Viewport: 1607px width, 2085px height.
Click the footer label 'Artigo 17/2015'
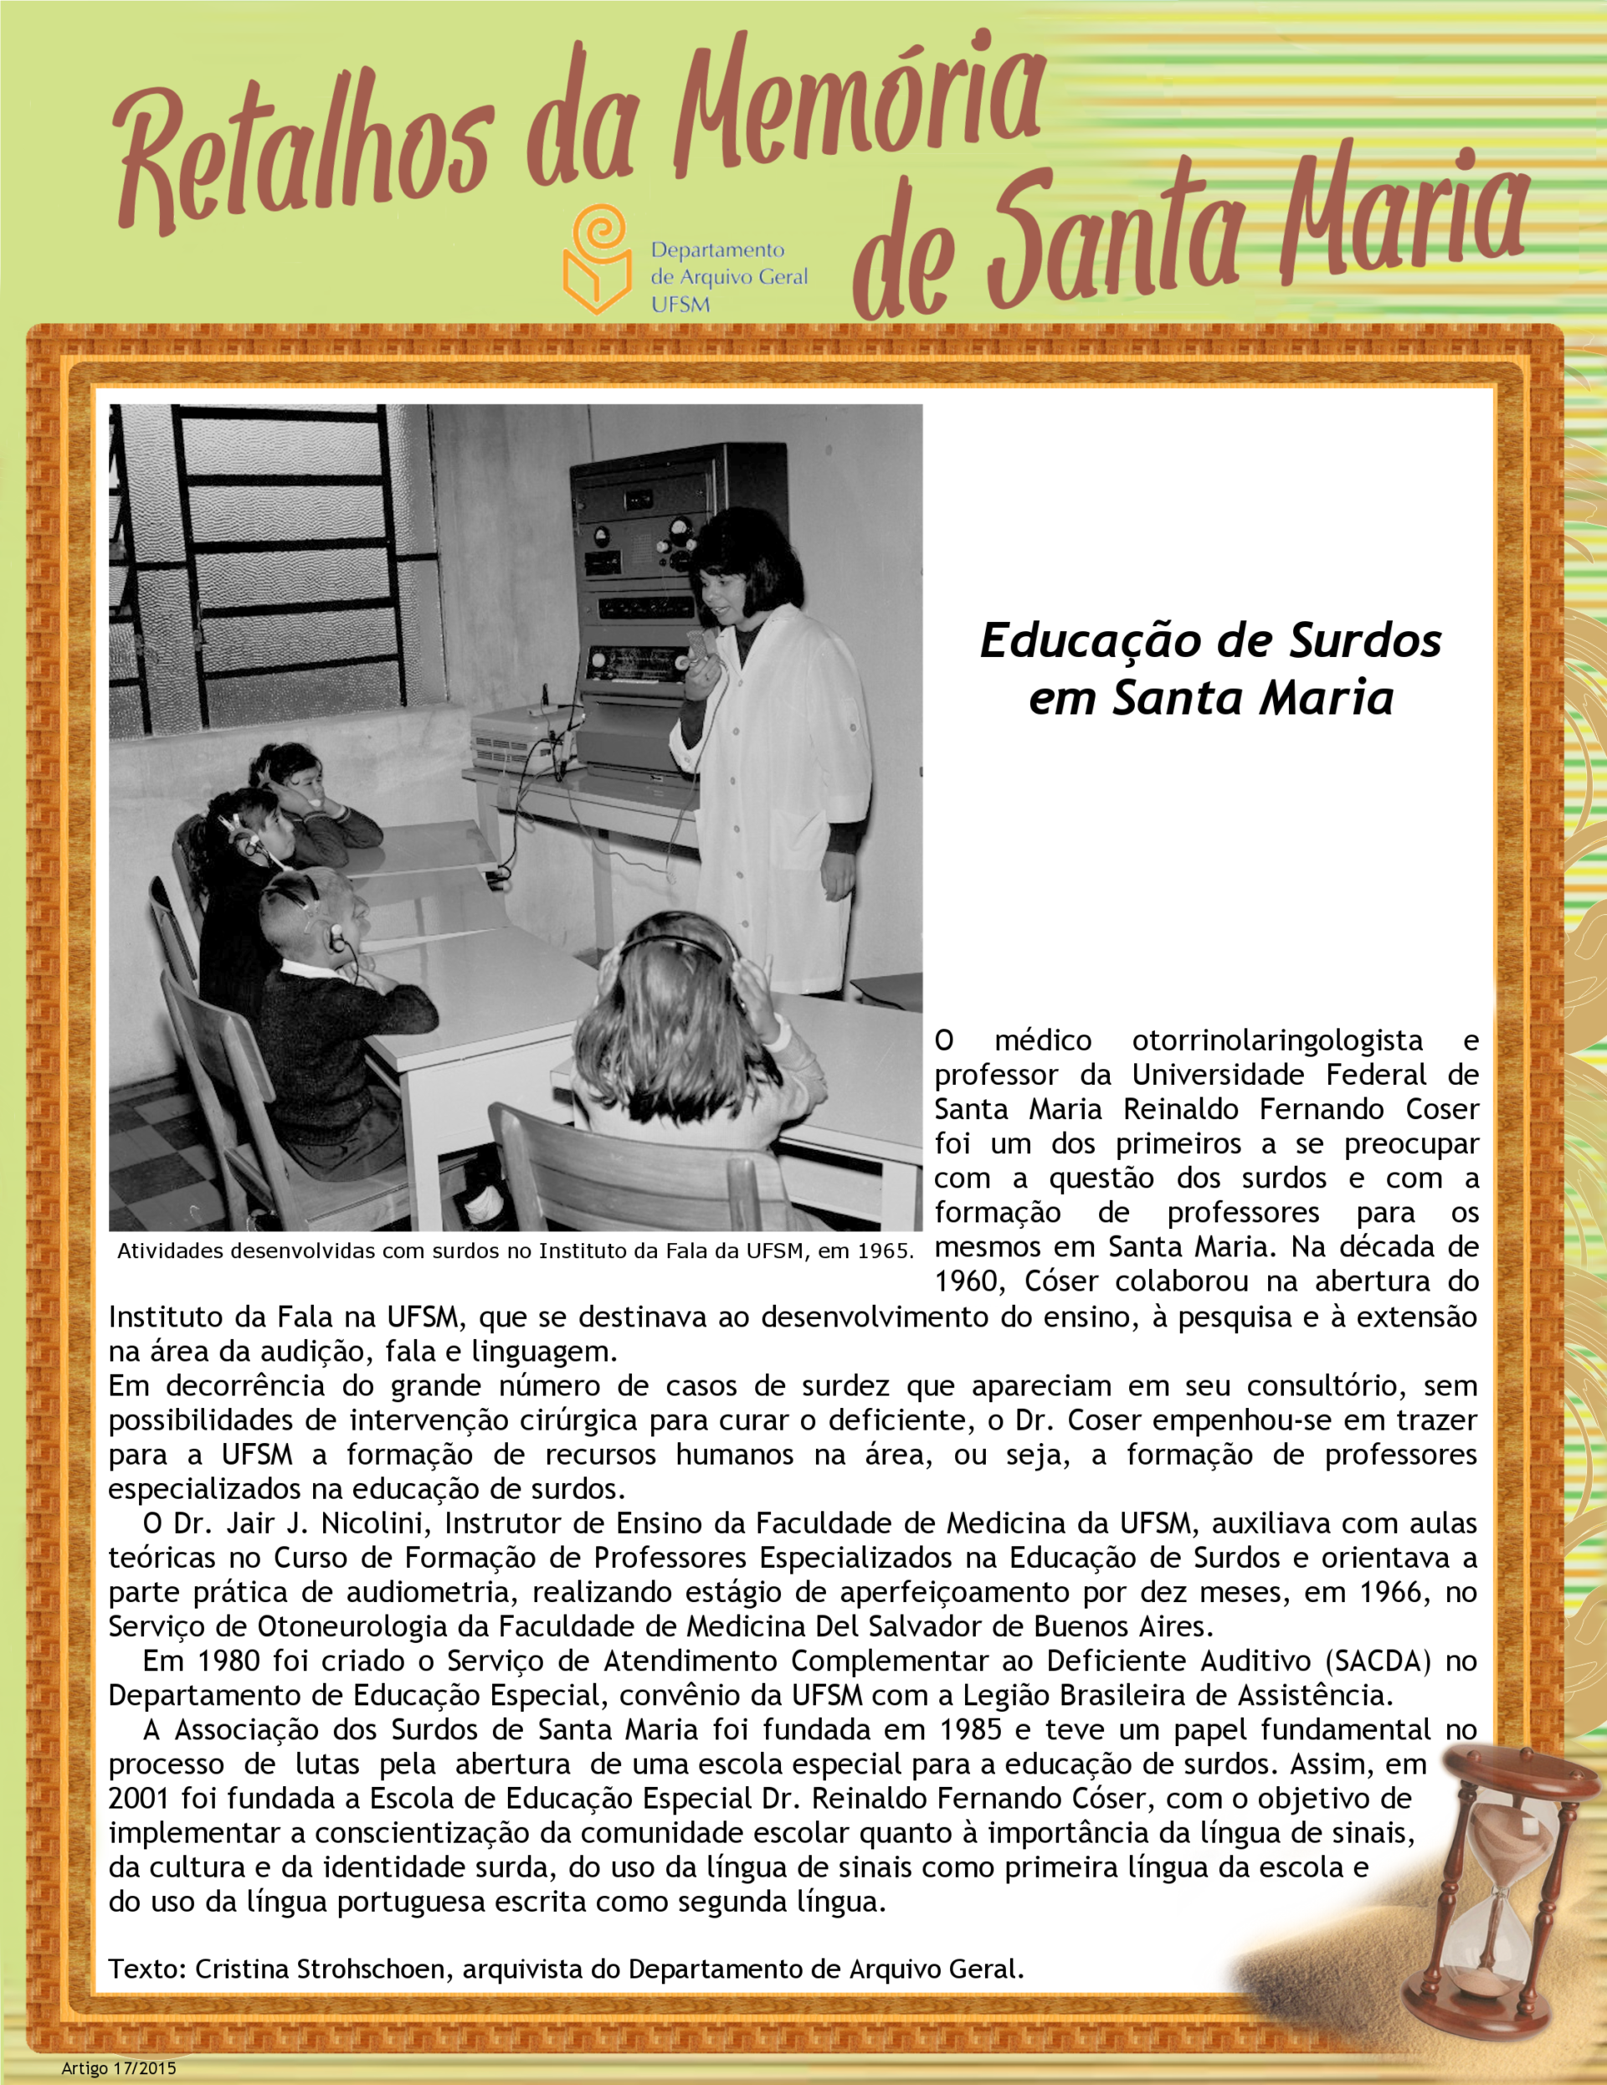pos(120,2067)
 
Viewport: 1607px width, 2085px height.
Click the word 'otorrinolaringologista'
pos(1276,1040)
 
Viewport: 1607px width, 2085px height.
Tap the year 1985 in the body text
pos(970,1729)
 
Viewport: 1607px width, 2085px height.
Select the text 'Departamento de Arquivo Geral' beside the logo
pos(728,276)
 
